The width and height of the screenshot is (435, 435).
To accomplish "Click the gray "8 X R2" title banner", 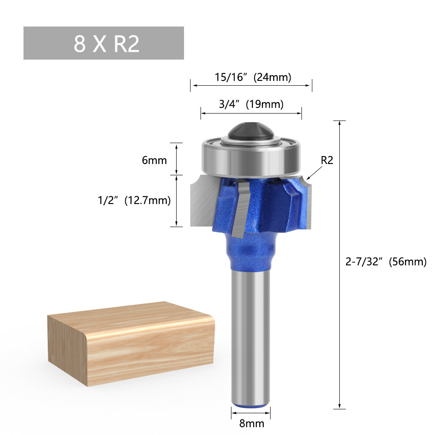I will coord(104,43).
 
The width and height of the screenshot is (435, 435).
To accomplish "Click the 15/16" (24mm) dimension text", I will coord(253,77).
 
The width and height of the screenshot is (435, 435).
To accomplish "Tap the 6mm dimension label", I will coord(154,160).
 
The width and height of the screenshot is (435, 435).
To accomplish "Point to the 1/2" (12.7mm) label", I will coord(134,200).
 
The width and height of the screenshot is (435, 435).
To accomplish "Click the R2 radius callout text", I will coord(327,160).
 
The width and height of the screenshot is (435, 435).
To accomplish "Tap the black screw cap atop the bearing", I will coord(251,131).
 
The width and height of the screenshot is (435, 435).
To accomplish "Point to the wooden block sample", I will coord(130,344).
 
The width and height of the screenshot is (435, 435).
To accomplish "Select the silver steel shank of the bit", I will coord(250,339).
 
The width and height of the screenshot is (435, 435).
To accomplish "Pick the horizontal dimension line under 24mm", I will coord(251,86).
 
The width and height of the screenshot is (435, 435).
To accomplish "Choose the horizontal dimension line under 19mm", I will coord(251,114).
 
